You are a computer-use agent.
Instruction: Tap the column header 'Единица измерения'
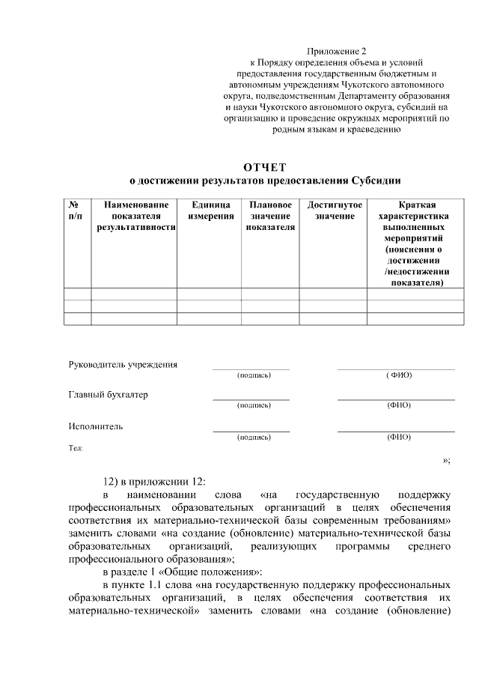pos(209,210)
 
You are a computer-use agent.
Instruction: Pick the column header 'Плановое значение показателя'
pos(270,216)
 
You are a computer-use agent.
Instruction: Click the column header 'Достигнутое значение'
pos(335,210)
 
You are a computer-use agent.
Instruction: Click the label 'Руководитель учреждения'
pos(123,365)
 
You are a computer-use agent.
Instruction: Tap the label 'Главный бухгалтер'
pos(109,395)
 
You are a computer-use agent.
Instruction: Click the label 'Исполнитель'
pos(95,426)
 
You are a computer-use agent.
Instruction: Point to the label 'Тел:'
pos(76,448)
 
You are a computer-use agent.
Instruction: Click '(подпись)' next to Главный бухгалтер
pos(253,405)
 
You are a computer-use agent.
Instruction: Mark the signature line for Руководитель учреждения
pos(251,369)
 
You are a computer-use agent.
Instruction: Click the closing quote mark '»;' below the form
pos(446,460)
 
